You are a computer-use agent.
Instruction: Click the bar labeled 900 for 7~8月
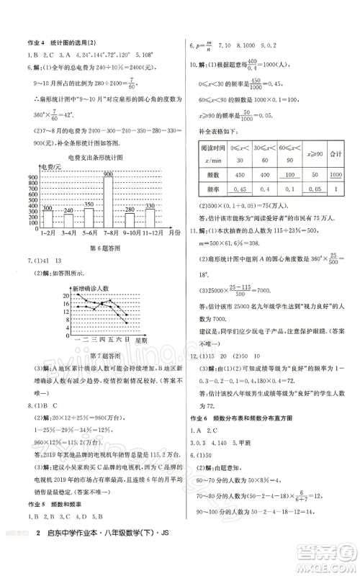(107, 204)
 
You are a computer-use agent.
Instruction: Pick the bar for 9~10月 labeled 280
(129, 220)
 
